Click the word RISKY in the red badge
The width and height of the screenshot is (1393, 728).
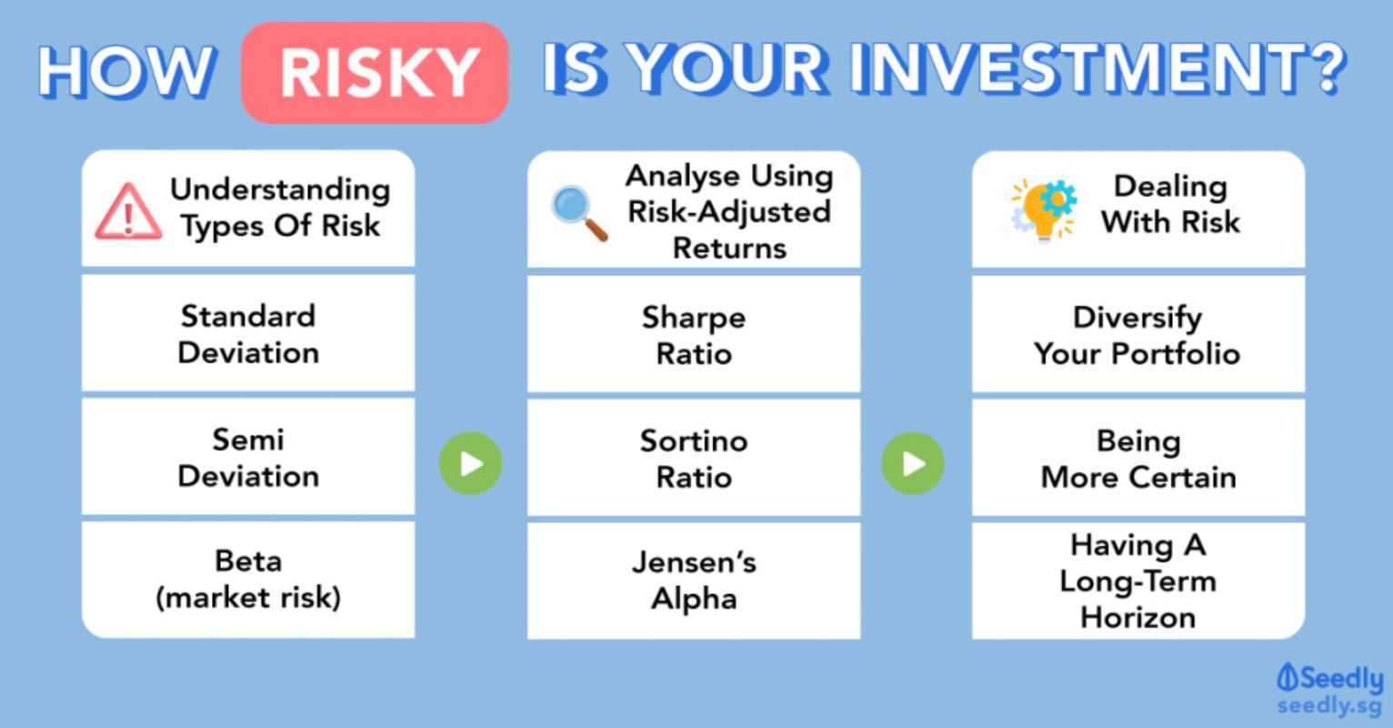pyautogui.click(x=379, y=73)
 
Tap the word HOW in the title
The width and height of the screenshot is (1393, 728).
pyautogui.click(x=127, y=72)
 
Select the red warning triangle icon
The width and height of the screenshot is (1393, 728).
pyautogui.click(x=129, y=211)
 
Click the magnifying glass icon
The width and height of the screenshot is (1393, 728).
pyautogui.click(x=579, y=212)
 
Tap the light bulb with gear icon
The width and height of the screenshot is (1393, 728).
pyautogui.click(x=1044, y=210)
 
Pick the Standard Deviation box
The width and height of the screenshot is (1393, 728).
pyautogui.click(x=248, y=333)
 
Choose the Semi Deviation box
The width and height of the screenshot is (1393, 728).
pyautogui.click(x=248, y=458)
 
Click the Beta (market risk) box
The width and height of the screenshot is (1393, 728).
pyautogui.click(x=248, y=580)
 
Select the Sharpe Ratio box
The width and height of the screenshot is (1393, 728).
pyautogui.click(x=694, y=334)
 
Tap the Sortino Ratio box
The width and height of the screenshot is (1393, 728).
pyautogui.click(x=694, y=458)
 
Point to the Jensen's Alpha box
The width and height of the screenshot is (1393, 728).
pyautogui.click(x=694, y=581)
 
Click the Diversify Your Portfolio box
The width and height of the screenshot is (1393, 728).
pyautogui.click(x=1138, y=334)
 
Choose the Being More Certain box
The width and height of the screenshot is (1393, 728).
pyautogui.click(x=1138, y=458)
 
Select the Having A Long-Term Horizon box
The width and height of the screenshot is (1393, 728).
pyautogui.click(x=1138, y=581)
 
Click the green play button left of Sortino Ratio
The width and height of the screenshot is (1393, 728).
pyautogui.click(x=471, y=463)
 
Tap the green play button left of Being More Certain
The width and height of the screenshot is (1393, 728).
pyautogui.click(x=913, y=463)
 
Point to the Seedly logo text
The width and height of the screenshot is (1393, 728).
pyautogui.click(x=1329, y=678)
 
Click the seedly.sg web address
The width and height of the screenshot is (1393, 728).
pyautogui.click(x=1329, y=705)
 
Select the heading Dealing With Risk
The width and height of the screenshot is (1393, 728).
pyautogui.click(x=1170, y=204)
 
